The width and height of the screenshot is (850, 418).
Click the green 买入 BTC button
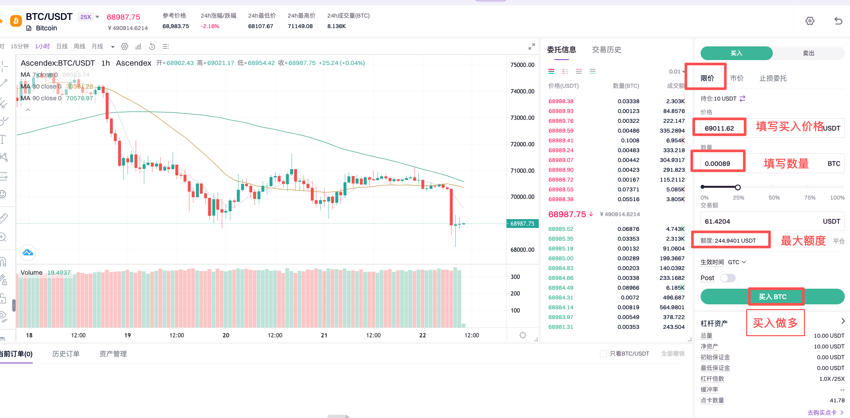click(772, 297)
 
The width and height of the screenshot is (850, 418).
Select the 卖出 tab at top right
click(808, 53)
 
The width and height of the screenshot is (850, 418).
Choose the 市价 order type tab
click(737, 78)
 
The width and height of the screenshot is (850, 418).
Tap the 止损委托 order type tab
click(773, 78)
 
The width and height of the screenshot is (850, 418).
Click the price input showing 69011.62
click(719, 128)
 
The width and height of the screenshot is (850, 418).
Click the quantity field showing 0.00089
click(718, 164)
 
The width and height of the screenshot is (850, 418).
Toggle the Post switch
click(728, 278)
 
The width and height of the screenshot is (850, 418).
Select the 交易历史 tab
click(606, 50)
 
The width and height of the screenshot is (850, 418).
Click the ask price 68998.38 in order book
click(561, 101)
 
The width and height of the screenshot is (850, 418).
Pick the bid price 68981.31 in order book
click(561, 327)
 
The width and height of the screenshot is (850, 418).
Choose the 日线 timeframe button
click(62, 46)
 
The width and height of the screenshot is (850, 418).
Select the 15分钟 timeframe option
click(20, 46)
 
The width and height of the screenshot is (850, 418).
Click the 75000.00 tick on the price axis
click(522, 65)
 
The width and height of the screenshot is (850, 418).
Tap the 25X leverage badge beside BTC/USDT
click(85, 17)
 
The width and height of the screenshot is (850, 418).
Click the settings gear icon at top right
click(809, 21)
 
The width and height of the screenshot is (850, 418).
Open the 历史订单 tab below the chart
click(66, 354)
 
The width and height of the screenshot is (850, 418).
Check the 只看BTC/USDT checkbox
click(603, 354)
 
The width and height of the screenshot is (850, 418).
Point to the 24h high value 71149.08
click(300, 26)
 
